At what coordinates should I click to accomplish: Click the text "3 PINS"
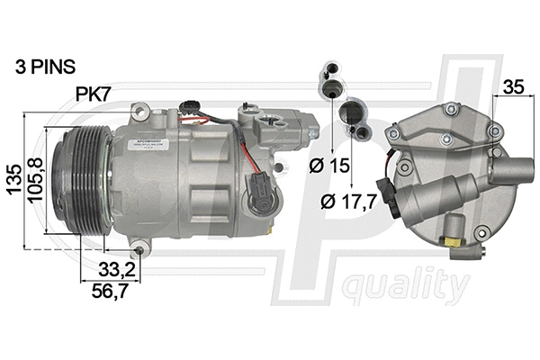[x=45, y=67]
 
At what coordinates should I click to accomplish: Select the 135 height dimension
[x=13, y=180]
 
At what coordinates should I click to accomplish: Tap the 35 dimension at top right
[x=514, y=88]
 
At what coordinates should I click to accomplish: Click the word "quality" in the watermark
[x=405, y=287]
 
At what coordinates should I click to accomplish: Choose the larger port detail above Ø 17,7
[x=353, y=118]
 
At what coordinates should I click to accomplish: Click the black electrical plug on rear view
[x=388, y=192]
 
